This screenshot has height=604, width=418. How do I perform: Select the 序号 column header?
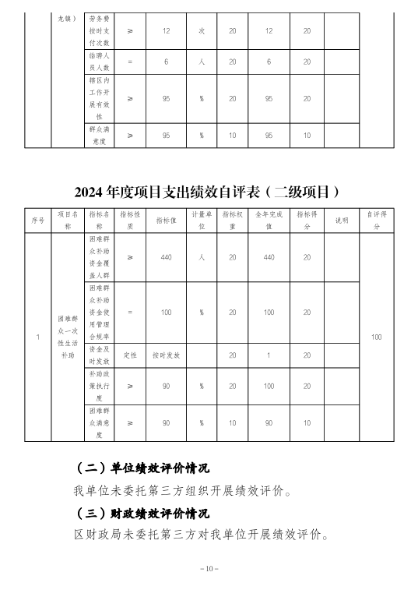pos(37,220)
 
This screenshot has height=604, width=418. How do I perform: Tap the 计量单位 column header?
pos(200,220)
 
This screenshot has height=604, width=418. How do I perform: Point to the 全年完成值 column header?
pos(269,220)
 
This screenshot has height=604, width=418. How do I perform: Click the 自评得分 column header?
pos(377,220)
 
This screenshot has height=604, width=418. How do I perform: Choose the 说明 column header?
pos(342,220)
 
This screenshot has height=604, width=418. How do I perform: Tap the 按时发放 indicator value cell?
pos(165,355)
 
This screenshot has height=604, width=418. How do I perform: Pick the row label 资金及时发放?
pos(104,355)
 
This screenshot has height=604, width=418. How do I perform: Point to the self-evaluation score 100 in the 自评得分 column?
pos(377,337)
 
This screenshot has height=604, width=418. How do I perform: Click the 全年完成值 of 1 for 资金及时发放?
pos(269,355)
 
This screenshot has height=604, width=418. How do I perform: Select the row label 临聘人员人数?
pos(104,62)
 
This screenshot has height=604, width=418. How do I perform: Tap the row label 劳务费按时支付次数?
pos(104,31)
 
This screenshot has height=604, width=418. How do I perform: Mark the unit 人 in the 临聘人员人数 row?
pos(200,62)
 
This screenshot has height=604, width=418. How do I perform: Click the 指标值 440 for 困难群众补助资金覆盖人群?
pos(165,256)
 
